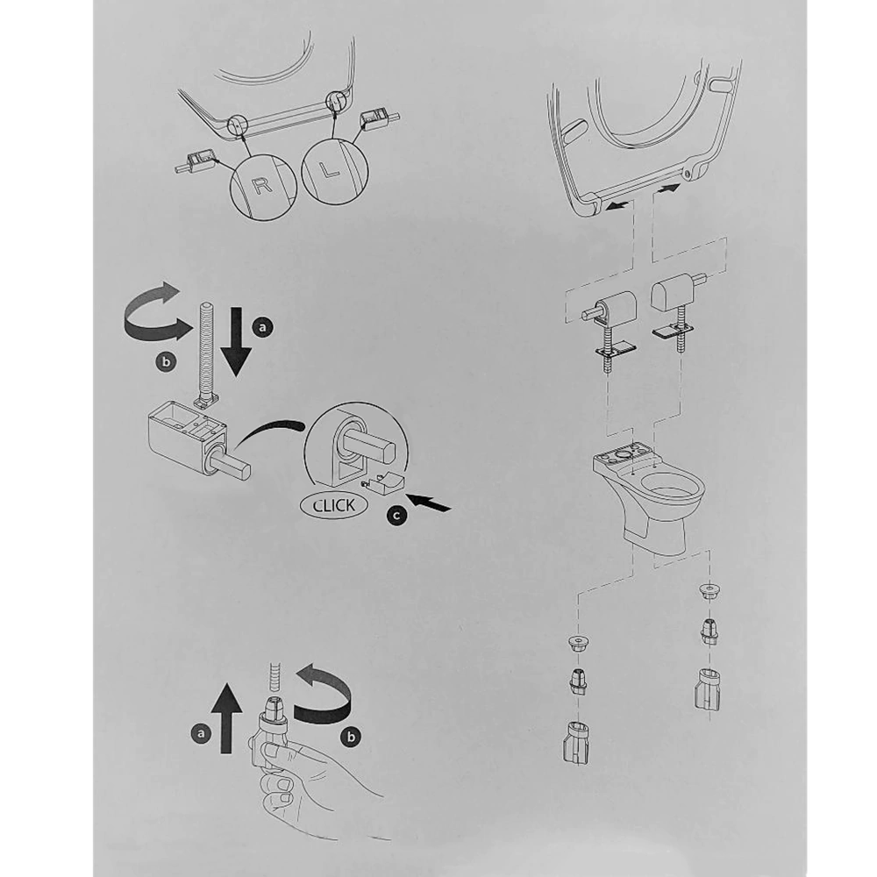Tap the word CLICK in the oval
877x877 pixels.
334,506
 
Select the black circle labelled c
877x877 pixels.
396,515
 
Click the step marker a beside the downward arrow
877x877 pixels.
263,326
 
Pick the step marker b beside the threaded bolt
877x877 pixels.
166,362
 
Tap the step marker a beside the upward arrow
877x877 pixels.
202,732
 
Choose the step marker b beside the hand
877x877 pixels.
352,737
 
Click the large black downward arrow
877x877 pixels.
237,341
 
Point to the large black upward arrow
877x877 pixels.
226,717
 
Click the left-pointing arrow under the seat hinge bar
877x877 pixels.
618,206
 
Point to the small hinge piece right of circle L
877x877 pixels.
378,118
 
